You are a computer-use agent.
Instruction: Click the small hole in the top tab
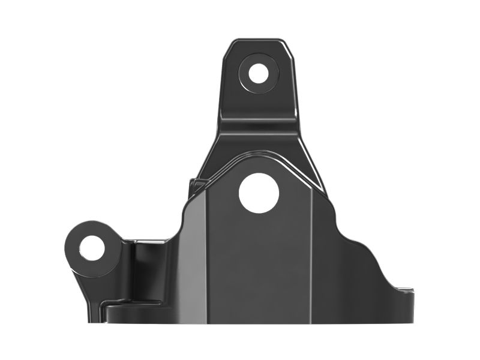[259, 73]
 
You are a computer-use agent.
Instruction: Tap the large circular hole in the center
[259, 192]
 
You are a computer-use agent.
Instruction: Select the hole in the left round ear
[92, 248]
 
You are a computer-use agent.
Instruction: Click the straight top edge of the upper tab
[259, 41]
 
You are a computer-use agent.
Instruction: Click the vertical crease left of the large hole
[206, 252]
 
